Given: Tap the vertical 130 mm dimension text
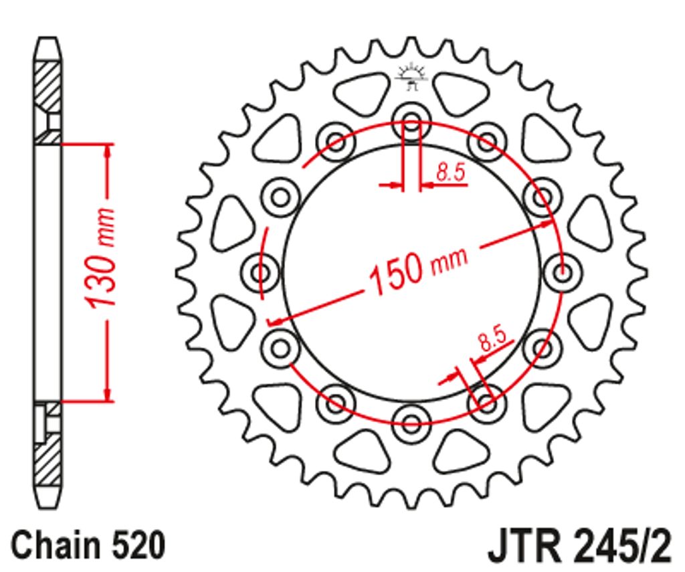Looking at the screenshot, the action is [x=100, y=258].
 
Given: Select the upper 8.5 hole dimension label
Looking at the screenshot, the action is [x=450, y=172].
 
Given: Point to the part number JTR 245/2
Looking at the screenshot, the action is [x=579, y=547].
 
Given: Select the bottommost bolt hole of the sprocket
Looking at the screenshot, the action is [x=411, y=423].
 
